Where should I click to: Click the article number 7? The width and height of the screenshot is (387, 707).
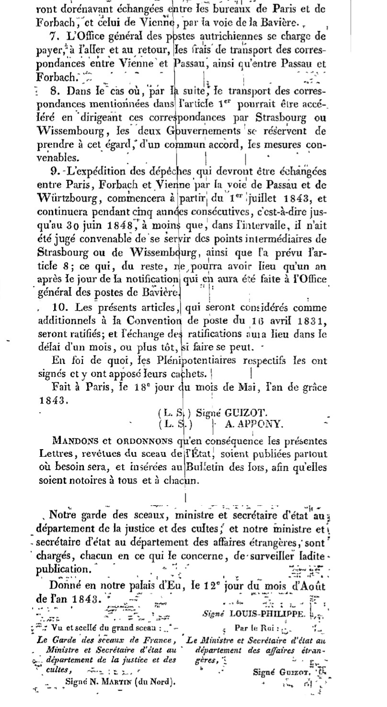53,37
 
